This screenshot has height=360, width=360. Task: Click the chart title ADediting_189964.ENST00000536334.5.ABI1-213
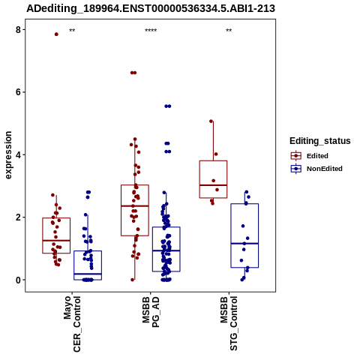[151, 8]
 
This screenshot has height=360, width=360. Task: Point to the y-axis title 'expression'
[8, 155]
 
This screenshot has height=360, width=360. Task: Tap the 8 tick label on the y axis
[18, 30]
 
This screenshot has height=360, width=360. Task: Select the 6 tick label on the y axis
[18, 92]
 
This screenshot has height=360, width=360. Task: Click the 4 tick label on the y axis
[18, 154]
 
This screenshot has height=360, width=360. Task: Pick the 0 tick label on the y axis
[18, 280]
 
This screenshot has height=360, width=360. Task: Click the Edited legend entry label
[317, 156]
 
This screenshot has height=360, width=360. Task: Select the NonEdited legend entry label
[325, 169]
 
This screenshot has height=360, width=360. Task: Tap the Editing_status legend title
[320, 141]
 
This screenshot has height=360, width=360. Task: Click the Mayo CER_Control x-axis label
[72, 324]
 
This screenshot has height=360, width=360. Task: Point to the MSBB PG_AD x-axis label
[151, 312]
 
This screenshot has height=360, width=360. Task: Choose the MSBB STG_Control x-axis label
[229, 323]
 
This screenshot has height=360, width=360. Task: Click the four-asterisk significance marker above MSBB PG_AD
[151, 31]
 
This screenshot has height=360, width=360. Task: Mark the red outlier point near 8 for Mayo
[56, 34]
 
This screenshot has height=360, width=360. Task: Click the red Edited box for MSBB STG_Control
[213, 179]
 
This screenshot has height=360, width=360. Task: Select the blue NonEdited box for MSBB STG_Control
[244, 235]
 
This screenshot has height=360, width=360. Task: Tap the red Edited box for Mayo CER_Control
[56, 235]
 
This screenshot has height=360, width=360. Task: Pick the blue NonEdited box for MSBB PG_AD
[166, 249]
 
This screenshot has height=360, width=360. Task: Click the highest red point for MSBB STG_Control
[211, 121]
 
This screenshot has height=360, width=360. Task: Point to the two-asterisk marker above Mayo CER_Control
[72, 31]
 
